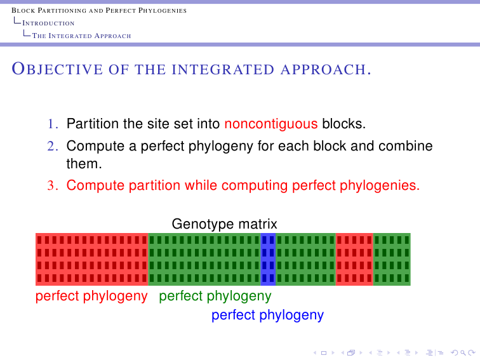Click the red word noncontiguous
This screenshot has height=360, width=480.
click(271, 124)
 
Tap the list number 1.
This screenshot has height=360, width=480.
click(53, 124)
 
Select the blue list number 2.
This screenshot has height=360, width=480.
click(53, 146)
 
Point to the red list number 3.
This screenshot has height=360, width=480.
click(53, 185)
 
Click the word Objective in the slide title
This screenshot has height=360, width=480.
click(57, 69)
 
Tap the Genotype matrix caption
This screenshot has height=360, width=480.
click(224, 224)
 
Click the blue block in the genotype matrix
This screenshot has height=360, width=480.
click(268, 259)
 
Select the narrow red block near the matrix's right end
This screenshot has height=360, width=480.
click(354, 259)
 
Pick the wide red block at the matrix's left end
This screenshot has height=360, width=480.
click(92, 259)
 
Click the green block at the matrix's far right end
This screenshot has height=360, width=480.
click(392, 259)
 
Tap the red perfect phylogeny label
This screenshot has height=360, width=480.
click(91, 297)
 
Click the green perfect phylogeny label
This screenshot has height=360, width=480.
click(215, 297)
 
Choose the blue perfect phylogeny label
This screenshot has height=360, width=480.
click(267, 316)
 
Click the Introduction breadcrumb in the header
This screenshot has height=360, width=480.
click(48, 23)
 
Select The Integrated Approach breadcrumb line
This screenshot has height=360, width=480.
click(82, 36)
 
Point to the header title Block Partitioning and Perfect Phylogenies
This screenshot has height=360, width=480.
click(99, 10)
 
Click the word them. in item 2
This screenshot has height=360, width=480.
click(84, 164)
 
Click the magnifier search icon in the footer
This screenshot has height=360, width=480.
click(463, 353)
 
